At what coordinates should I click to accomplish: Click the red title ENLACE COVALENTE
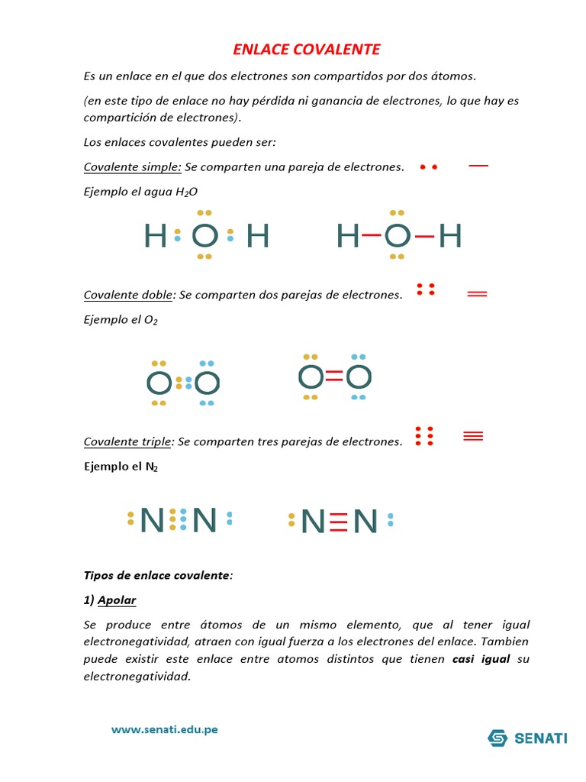pyautogui.click(x=306, y=50)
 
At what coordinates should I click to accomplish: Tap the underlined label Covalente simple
pyautogui.click(x=132, y=167)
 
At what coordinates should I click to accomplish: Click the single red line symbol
pyautogui.click(x=478, y=165)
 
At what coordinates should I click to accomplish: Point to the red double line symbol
pyautogui.click(x=477, y=294)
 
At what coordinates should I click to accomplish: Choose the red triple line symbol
pyautogui.click(x=474, y=436)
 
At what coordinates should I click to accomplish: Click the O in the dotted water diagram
pyautogui.click(x=204, y=236)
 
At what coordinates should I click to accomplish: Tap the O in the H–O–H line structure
pyautogui.click(x=397, y=236)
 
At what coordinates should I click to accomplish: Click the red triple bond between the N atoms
pyautogui.click(x=340, y=521)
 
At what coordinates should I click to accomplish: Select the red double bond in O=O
pyautogui.click(x=334, y=376)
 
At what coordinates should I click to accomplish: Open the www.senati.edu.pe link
pyautogui.click(x=164, y=729)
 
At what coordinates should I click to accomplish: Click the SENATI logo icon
pyautogui.click(x=498, y=738)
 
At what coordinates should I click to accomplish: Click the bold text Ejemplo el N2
pyautogui.click(x=121, y=466)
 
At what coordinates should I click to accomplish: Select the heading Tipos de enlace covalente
pyautogui.click(x=156, y=575)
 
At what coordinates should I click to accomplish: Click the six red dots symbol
pyautogui.click(x=424, y=436)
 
